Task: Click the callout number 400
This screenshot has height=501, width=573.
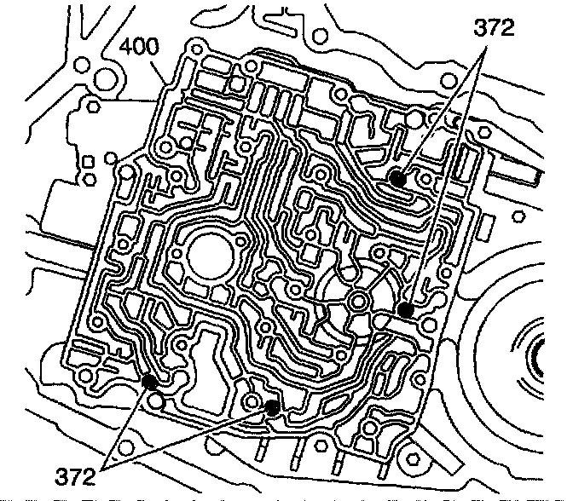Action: tap(140, 46)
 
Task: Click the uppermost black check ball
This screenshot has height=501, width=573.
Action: tap(396, 177)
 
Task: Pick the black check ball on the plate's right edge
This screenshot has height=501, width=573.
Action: tap(407, 311)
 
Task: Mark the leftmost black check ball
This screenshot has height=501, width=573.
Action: tap(149, 381)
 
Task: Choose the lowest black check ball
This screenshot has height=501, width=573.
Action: tap(272, 407)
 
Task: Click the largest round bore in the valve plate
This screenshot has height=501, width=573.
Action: tap(208, 255)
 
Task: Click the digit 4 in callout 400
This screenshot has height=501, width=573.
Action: tap(126, 46)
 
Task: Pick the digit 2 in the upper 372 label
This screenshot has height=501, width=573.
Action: tap(506, 29)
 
